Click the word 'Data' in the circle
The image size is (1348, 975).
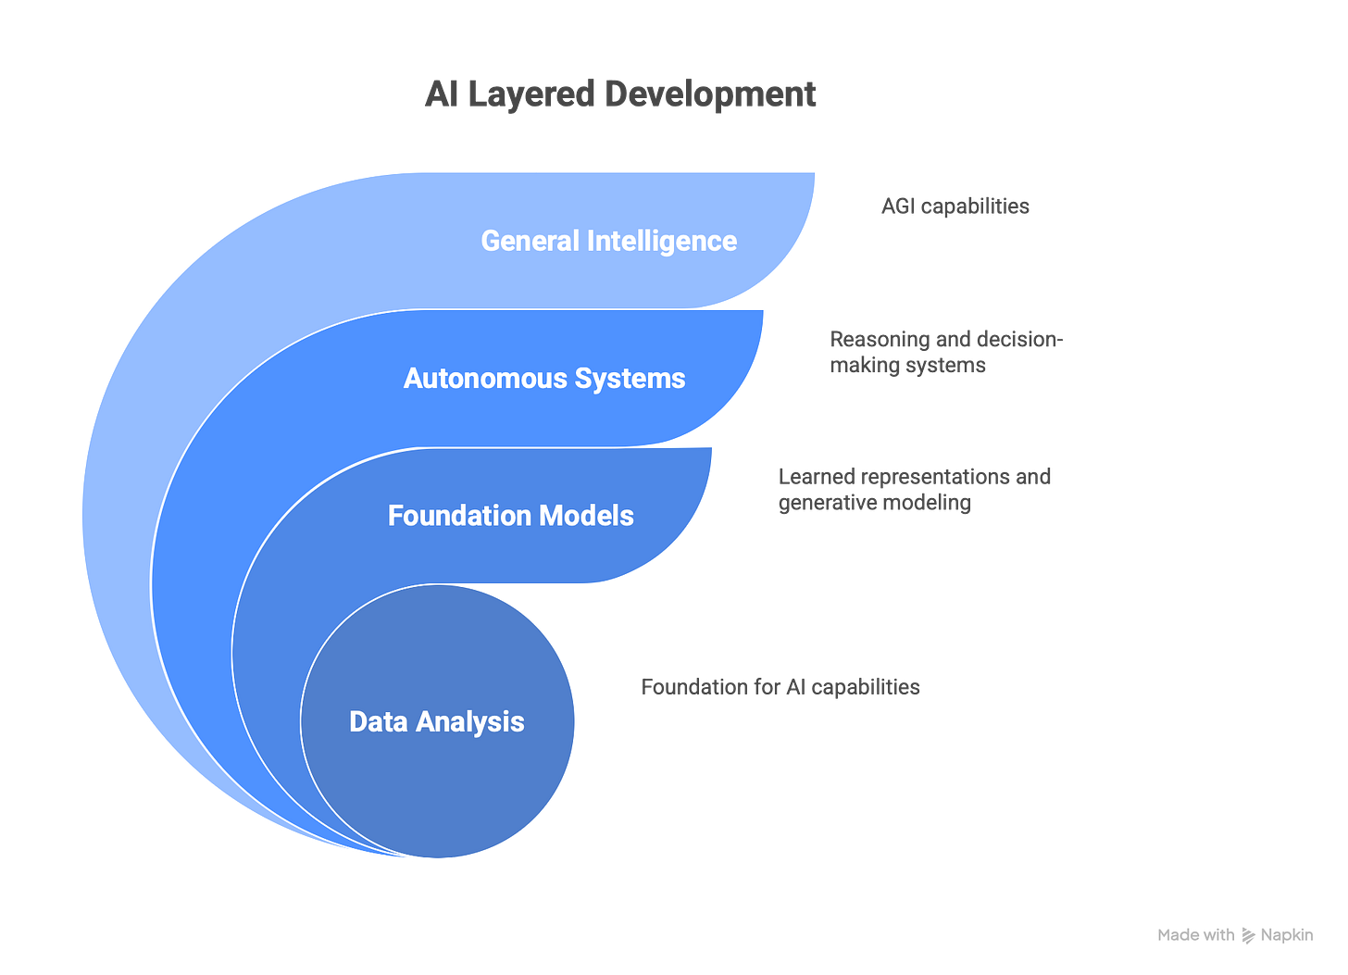[x=379, y=721]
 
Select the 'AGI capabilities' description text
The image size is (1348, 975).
[x=955, y=206]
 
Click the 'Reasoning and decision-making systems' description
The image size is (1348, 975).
[x=946, y=352]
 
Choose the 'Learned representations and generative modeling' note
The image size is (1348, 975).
[x=914, y=489]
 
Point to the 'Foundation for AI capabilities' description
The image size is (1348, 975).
[x=780, y=687]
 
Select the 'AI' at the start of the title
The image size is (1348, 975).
[x=440, y=94]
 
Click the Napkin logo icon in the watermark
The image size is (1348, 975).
[x=1247, y=935]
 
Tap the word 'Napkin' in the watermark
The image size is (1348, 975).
[x=1286, y=935]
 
